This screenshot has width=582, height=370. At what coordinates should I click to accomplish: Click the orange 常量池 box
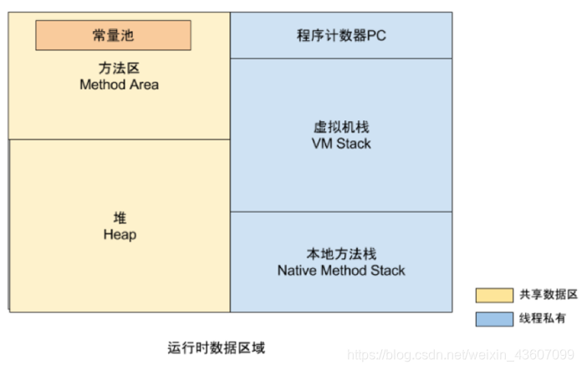point(113,35)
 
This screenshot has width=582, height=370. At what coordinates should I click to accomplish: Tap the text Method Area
point(119,84)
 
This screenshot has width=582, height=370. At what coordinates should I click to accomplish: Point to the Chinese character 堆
point(120,218)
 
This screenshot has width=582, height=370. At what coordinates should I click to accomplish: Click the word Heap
point(120,235)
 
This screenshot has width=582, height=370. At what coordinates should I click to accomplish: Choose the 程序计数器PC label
point(341,36)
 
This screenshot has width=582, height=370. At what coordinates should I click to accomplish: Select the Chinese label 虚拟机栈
point(341,128)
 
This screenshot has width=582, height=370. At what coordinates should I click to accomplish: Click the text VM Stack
point(341,144)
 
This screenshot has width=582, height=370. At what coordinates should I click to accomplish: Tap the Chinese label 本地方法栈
point(341,254)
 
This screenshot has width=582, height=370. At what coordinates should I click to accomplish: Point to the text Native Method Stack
point(341,271)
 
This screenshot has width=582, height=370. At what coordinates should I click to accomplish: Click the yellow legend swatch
point(494,295)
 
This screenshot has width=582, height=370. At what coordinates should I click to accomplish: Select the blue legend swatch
point(494,318)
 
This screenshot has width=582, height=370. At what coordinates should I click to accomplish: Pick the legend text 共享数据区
point(549,295)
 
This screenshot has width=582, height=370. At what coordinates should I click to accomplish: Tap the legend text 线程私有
point(544,318)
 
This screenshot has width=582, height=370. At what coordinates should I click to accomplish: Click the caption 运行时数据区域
point(216,347)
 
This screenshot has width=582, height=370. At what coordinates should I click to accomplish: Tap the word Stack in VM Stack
point(354,144)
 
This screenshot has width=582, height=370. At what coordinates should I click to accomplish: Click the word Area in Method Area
point(144,84)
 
